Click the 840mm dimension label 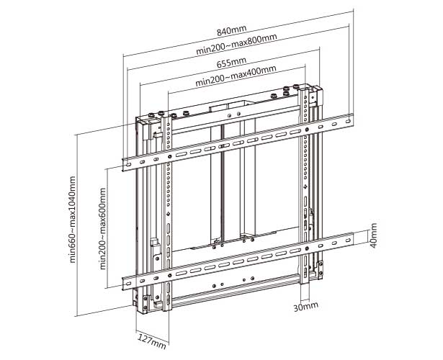click(x=237, y=32)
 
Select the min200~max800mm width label click(x=237, y=50)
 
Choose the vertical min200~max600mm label click(x=104, y=224)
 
